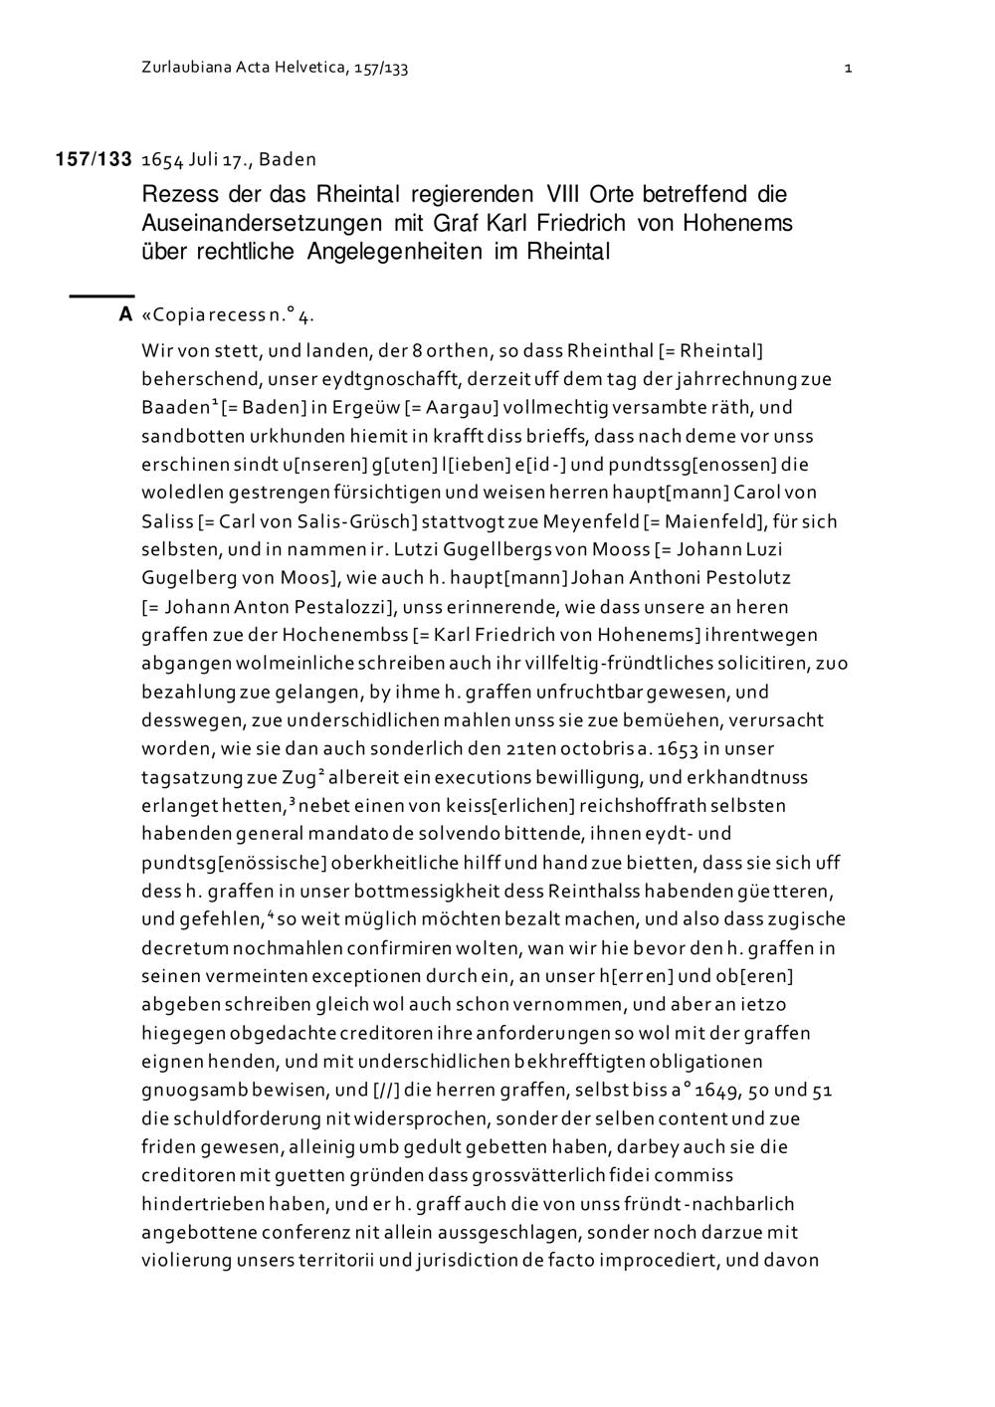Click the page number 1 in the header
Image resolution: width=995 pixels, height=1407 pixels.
847,69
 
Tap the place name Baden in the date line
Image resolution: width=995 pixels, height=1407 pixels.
288,159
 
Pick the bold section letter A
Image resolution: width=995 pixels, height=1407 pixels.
125,315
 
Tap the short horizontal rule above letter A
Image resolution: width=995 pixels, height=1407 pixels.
100,296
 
